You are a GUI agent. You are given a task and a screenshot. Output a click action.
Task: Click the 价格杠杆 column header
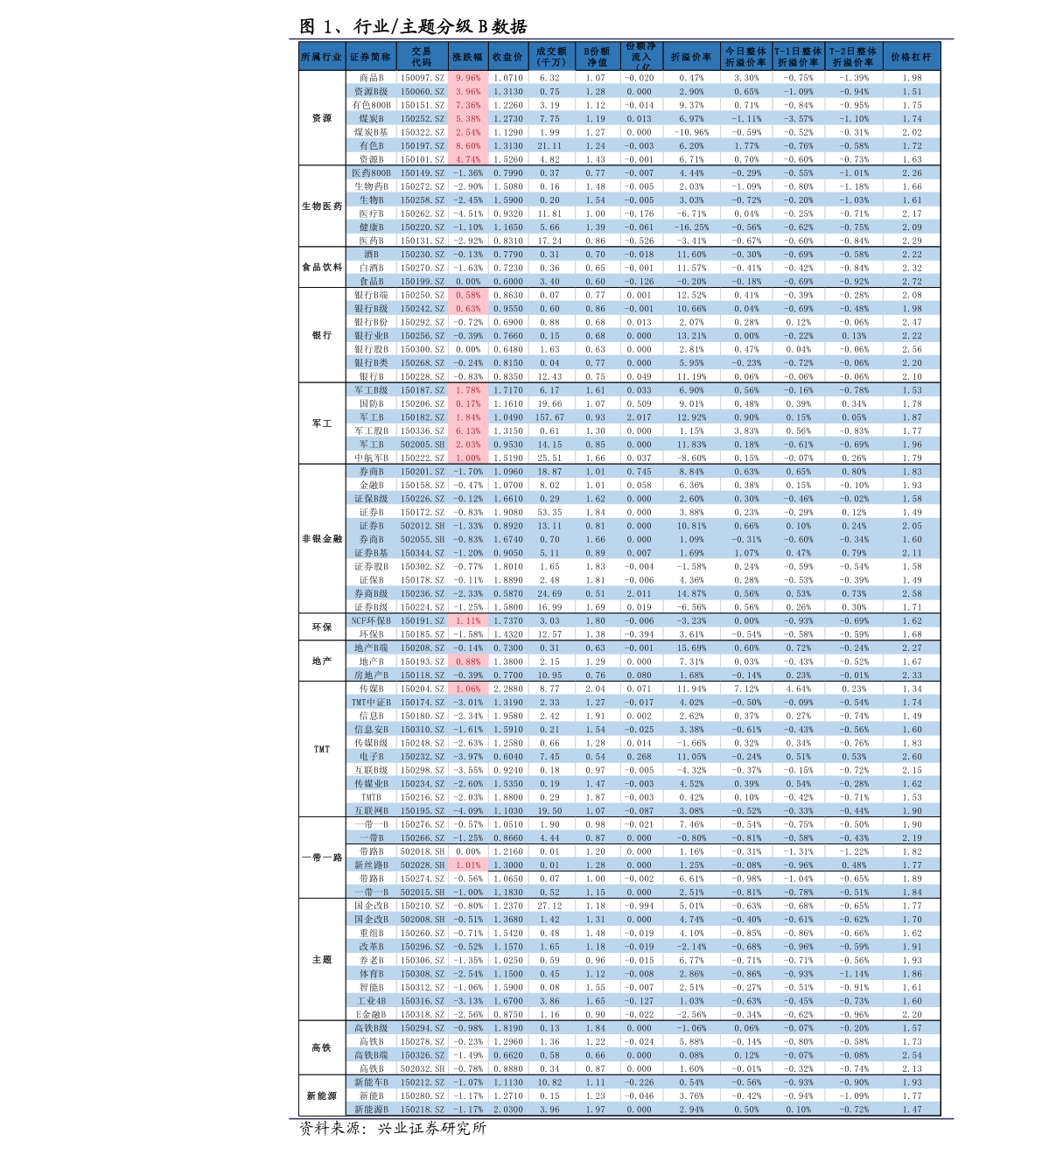[x=911, y=57]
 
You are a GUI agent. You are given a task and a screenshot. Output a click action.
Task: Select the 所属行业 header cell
[x=321, y=57]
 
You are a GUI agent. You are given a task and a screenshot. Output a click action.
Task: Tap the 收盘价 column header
[x=507, y=57]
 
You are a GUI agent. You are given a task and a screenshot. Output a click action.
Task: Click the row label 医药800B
[x=371, y=173]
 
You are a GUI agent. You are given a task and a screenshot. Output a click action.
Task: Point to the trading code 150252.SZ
[x=423, y=119]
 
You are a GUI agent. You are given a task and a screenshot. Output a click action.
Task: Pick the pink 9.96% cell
[x=468, y=78]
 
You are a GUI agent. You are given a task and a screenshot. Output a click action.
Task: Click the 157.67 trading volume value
[x=550, y=417]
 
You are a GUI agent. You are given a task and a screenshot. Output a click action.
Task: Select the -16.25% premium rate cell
[x=691, y=227]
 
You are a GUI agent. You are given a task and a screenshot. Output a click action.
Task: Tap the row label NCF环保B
[x=371, y=621]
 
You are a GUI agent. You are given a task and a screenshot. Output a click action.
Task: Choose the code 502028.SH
[x=423, y=865]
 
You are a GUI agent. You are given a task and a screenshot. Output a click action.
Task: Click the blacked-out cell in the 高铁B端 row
[x=468, y=1054]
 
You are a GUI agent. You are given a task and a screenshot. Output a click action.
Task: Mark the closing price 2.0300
[x=507, y=1109]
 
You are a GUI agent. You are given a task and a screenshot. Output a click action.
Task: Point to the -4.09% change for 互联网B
[x=468, y=811]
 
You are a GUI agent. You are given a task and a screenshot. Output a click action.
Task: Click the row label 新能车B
[x=371, y=1082]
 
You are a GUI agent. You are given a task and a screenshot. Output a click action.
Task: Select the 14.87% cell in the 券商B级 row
[x=691, y=594]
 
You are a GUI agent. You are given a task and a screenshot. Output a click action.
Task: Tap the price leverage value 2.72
[x=912, y=282]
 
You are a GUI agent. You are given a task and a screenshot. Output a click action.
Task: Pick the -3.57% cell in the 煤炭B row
[x=798, y=119]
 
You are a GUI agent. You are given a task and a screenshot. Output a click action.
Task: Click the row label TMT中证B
[x=371, y=703]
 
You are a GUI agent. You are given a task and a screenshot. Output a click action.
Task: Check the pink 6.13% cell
[x=468, y=430]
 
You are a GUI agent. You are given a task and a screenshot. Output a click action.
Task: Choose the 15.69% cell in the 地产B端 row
[x=691, y=648]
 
